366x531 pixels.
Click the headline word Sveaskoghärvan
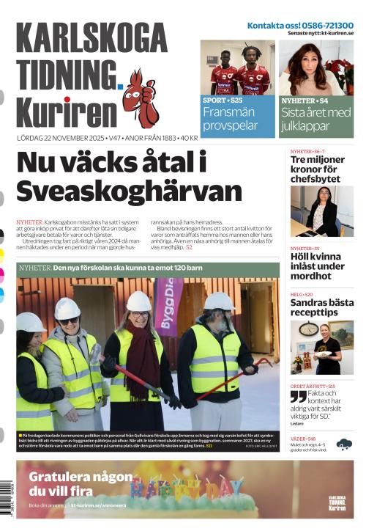coord(128,191)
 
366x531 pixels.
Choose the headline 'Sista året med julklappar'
coord(316,119)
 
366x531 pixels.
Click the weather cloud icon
coord(343,444)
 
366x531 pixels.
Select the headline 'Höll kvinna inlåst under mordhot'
coord(316,266)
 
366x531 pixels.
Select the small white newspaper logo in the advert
coord(337,503)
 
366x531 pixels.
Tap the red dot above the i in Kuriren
coord(67,100)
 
